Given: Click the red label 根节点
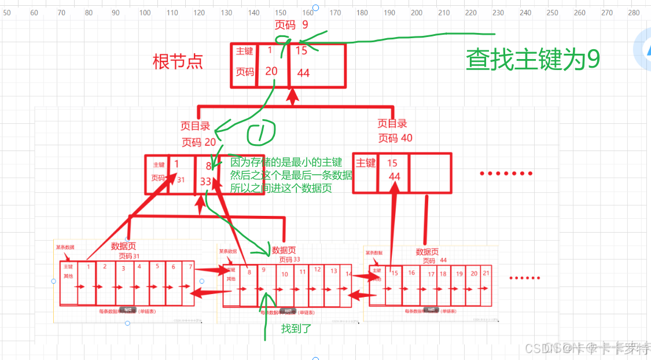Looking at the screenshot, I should (178, 62).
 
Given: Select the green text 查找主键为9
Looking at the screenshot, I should (533, 59).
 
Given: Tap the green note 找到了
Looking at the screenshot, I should (296, 329).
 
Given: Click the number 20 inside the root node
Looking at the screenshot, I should (271, 71).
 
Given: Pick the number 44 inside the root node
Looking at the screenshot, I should (303, 73).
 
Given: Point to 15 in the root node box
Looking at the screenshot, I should (301, 50).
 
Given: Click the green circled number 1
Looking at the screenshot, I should (262, 135).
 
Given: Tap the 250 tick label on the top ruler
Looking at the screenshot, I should (553, 13).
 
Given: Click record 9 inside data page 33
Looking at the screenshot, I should (263, 270).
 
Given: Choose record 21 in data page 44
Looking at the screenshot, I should (487, 273).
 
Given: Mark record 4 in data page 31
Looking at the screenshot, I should (139, 267).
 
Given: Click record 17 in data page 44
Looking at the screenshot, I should (431, 274).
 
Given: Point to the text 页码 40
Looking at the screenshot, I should (395, 138).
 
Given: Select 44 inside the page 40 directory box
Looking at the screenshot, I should (395, 176).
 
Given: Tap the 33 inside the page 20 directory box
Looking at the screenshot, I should (205, 181).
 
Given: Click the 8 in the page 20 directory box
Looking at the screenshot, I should (208, 166).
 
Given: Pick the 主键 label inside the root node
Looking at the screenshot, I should (244, 51).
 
